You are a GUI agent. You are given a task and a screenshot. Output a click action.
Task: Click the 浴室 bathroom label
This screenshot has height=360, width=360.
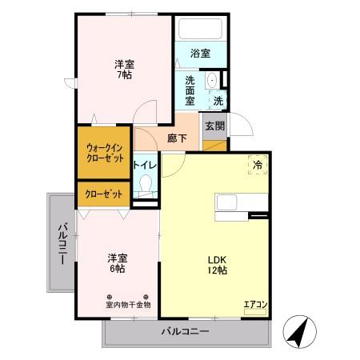pyautogui.click(x=200, y=54)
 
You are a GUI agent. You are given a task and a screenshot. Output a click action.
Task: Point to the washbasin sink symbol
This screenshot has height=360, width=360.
pyautogui.click(x=212, y=81)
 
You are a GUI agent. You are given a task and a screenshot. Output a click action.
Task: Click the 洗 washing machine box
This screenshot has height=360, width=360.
pyautogui.click(x=218, y=101)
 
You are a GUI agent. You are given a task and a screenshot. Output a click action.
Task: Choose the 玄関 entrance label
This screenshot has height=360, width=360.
pyautogui.click(x=214, y=126)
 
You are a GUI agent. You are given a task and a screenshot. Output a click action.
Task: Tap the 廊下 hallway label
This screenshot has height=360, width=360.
pyautogui.click(x=178, y=138)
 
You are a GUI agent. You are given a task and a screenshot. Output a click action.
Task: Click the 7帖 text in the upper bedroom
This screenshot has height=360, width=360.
pyautogui.click(x=123, y=74)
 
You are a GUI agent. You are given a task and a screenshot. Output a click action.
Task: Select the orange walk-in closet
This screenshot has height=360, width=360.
pyautogui.click(x=105, y=152)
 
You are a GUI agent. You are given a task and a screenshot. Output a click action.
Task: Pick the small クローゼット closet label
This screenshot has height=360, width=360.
pyautogui.click(x=105, y=194)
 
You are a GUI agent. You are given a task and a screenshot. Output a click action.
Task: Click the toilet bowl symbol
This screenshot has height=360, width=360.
pyautogui.click(x=146, y=186)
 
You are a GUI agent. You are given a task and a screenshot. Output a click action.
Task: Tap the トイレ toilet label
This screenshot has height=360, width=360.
pyautogui.click(x=146, y=165)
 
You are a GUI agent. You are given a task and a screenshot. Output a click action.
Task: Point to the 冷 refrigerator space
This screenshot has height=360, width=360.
pyautogui.click(x=258, y=164)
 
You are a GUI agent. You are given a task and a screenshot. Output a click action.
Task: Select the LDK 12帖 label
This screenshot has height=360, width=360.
pyautogui.click(x=218, y=265)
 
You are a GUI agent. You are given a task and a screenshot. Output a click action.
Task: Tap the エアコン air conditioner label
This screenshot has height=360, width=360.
pyautogui.click(x=255, y=304)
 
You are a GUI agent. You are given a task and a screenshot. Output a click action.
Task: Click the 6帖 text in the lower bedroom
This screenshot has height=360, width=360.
pyautogui.click(x=118, y=268)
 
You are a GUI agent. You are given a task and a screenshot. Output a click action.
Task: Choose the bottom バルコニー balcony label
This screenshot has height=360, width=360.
pyautogui.click(x=184, y=330)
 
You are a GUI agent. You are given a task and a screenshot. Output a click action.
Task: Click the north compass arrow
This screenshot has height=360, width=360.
pyautogui.click(x=298, y=331)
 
